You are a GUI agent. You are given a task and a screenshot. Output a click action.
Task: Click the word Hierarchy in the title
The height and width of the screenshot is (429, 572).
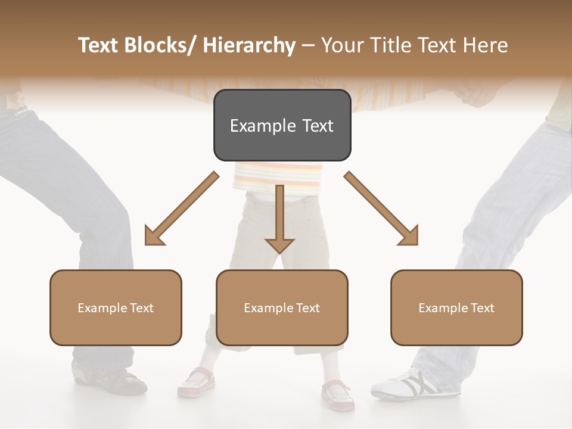click(249, 46)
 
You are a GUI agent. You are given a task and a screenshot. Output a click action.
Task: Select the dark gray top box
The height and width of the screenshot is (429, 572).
click(282, 125)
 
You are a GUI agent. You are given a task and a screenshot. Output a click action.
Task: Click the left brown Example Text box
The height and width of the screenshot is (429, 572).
click(116, 307)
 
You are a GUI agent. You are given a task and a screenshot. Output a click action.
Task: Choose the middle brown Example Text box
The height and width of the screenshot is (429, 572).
click(282, 307)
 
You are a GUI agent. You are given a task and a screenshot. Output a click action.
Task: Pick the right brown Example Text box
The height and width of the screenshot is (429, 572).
click(456, 307)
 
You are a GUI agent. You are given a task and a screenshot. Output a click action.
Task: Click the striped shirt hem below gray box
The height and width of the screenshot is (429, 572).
click(278, 176)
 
